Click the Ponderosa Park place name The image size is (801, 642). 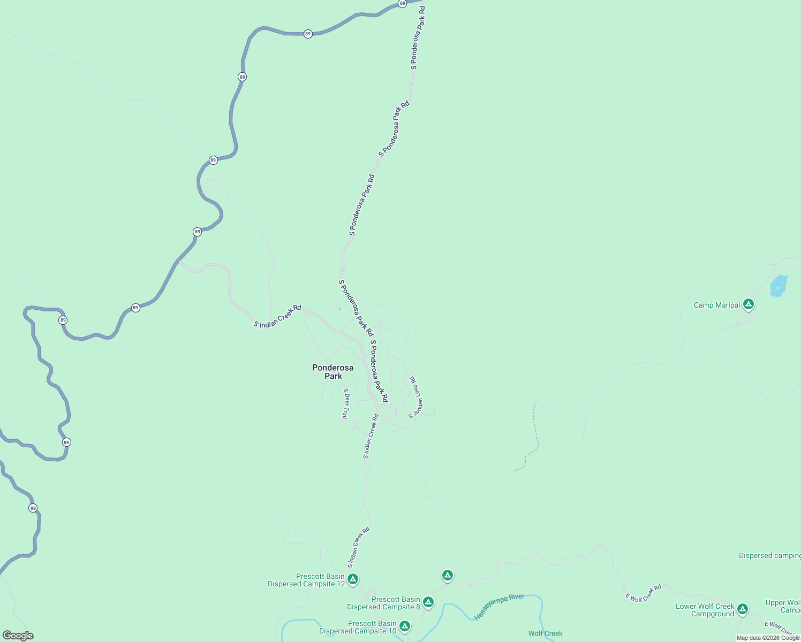[x=333, y=372]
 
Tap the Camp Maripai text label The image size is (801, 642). [x=716, y=305]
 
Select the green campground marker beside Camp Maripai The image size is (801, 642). [x=749, y=304]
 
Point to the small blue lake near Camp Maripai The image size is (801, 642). [x=779, y=286]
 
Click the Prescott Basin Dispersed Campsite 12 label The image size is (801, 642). [x=306, y=580]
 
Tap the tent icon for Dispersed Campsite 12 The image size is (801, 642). [x=352, y=579]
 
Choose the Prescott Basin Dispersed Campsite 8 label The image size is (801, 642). [x=383, y=603]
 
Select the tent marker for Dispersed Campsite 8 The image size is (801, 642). [x=428, y=602]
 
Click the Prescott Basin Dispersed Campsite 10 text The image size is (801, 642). [x=358, y=628]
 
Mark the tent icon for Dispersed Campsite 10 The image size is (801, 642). [x=404, y=625]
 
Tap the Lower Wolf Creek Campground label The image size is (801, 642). [x=705, y=610]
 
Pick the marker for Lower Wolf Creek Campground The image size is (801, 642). [x=742, y=608]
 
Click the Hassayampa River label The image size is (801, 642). [x=499, y=607]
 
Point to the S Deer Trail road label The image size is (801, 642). [x=346, y=403]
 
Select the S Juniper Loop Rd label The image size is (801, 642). [x=416, y=397]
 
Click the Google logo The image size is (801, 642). [x=18, y=636]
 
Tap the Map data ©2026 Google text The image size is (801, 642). [x=768, y=638]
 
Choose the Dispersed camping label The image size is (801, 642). [x=769, y=556]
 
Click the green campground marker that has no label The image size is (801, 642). [x=447, y=575]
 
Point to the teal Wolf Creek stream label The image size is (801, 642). [x=545, y=634]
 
